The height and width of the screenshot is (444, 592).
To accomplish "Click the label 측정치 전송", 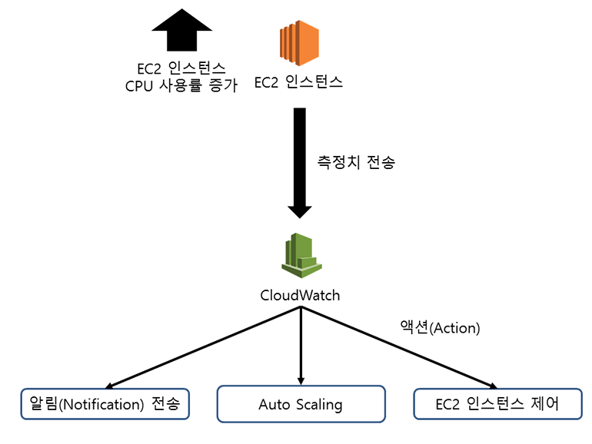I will [x=355, y=163].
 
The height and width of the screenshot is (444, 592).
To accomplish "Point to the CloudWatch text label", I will [x=300, y=296].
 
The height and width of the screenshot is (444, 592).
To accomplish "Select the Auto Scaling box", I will [x=300, y=404].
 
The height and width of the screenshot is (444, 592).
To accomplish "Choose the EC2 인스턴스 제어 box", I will [x=497, y=404].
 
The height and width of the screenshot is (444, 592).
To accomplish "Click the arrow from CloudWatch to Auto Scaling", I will [x=300, y=346].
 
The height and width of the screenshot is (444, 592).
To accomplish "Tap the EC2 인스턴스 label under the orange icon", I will [x=298, y=81].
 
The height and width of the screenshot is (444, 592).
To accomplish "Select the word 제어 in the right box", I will [x=544, y=404].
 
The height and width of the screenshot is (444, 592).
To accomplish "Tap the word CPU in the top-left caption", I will [x=140, y=85].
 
